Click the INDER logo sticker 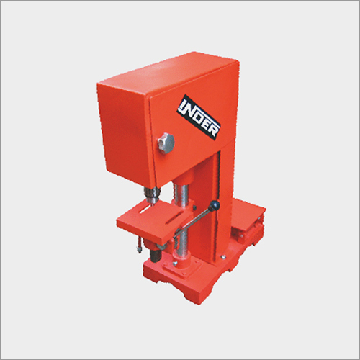click(199, 117)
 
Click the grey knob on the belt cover click(166, 143)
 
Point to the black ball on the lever click(215, 206)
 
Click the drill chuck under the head click(152, 194)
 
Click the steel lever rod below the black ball click(193, 222)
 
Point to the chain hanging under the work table click(138, 244)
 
